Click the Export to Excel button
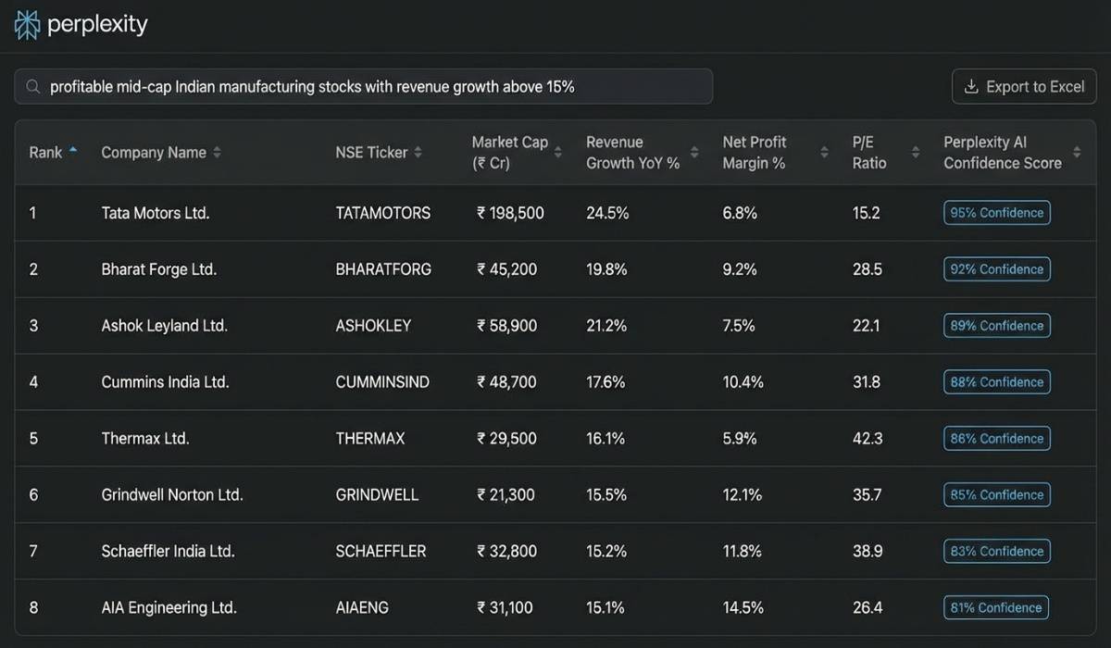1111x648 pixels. point(1024,87)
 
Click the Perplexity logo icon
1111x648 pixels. point(28,25)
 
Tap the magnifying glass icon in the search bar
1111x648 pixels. point(32,87)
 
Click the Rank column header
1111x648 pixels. point(45,153)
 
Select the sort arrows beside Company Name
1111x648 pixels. point(218,153)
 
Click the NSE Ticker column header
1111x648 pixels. point(371,153)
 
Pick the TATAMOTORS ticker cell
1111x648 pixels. point(382,213)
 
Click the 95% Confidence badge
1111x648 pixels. point(996,213)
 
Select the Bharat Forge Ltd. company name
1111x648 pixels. point(158,269)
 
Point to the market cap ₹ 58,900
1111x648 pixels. point(506,326)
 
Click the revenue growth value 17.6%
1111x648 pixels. point(606,382)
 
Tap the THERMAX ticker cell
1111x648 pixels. point(369,439)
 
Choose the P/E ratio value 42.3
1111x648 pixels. point(867,439)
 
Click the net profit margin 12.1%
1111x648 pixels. point(742,495)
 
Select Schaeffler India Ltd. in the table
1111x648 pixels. point(168,552)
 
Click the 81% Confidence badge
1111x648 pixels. point(996,608)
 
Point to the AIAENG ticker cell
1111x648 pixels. point(362,608)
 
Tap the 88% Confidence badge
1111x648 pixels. point(996,382)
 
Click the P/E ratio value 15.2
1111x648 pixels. point(866,213)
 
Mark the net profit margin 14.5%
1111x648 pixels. point(743,608)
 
